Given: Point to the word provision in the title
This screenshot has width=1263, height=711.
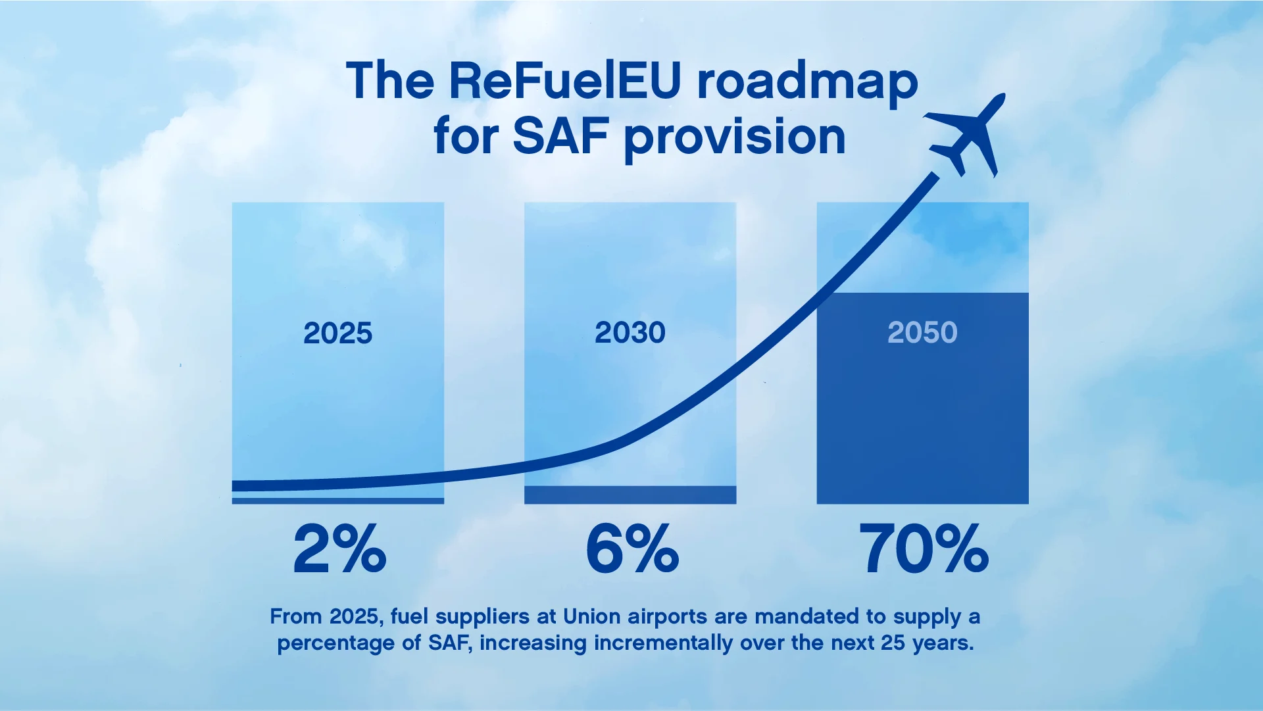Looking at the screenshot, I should tap(734, 138).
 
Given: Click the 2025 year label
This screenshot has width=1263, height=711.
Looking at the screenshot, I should tap(337, 333).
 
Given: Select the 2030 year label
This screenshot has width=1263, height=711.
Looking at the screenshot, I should tap(630, 333).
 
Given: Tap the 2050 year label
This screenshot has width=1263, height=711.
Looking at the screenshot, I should tap(922, 333).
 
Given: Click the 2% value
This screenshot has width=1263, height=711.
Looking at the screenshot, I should tap(339, 549).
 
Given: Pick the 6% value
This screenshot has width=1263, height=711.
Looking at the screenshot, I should tap(632, 549).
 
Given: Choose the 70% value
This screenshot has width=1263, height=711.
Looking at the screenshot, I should tap(924, 549).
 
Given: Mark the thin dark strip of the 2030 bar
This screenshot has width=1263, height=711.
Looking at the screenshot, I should tap(630, 495).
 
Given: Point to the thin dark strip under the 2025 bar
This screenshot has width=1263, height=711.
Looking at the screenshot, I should tap(337, 501).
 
